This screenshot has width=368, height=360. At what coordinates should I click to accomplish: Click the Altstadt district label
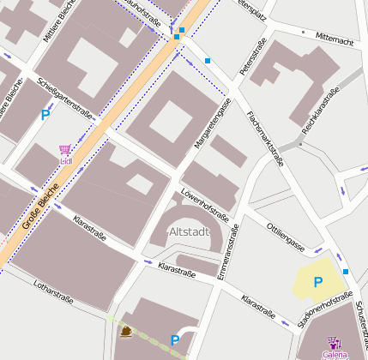(190, 231)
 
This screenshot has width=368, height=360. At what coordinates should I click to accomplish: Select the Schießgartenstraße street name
(66, 99)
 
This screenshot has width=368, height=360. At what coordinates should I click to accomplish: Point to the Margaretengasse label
(214, 123)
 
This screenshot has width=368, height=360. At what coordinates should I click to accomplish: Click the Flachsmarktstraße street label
(264, 138)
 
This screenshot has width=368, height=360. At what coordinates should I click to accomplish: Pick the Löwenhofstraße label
(204, 204)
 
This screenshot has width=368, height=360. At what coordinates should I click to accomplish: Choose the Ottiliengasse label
(286, 237)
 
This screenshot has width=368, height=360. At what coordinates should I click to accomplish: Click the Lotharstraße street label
(52, 291)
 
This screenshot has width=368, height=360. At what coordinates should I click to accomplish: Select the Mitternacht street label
(334, 38)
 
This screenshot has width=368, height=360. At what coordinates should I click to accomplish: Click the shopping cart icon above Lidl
(65, 149)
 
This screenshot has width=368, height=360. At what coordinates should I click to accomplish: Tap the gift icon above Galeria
(335, 343)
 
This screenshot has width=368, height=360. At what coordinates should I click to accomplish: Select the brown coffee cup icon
(127, 332)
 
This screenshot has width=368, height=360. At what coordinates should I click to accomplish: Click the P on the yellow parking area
(317, 282)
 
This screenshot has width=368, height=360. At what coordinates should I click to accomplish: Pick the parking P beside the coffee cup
(175, 340)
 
